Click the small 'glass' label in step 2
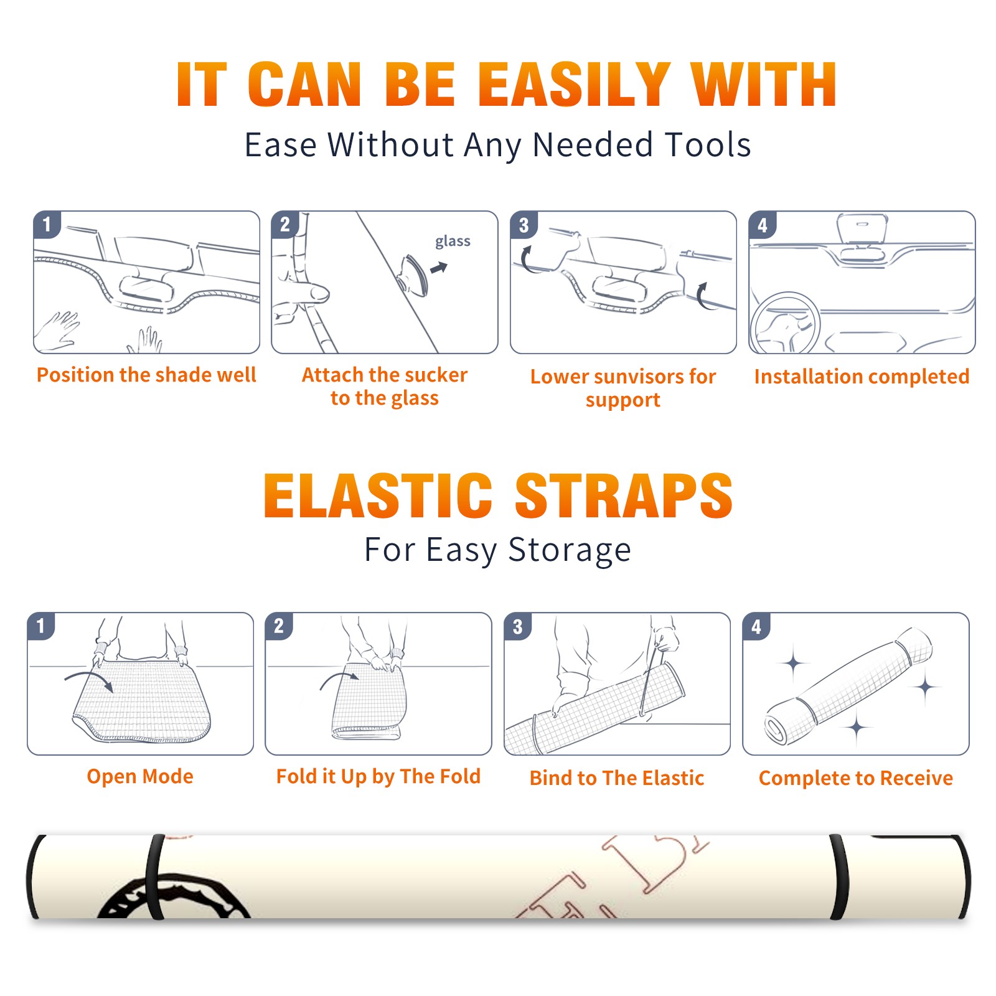click(453, 242)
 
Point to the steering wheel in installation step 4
click(786, 322)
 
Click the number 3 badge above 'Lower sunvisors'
click(524, 225)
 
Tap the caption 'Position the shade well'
click(146, 375)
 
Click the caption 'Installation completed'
click(862, 377)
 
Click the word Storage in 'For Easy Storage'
click(570, 550)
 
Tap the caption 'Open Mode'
click(140, 776)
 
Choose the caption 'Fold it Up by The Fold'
click(378, 776)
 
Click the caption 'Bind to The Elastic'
click(617, 778)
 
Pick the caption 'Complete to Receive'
click(856, 778)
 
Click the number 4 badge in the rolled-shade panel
click(756, 627)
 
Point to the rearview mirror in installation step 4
click(862, 230)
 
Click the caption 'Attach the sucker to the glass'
click(385, 386)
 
